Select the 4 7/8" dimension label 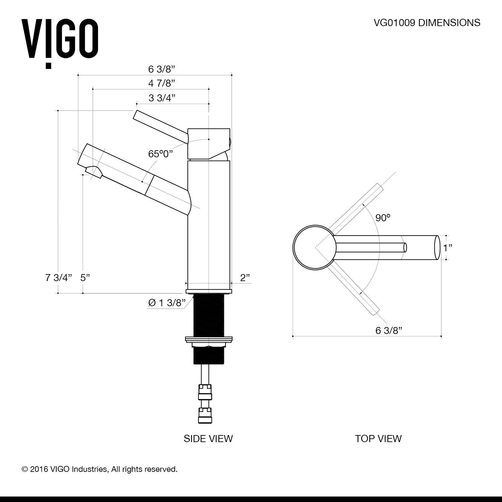[x=162, y=83]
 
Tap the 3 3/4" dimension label [x=162, y=98]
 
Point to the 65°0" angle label [x=161, y=154]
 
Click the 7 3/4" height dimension [x=59, y=278]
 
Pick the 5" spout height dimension [x=85, y=278]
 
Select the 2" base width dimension [x=245, y=278]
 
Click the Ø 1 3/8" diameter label [x=167, y=303]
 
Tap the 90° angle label [x=383, y=218]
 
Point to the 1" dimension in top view [x=447, y=248]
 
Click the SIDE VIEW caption [x=208, y=438]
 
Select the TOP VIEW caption [x=378, y=438]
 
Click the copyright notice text [x=99, y=469]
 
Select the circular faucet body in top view [x=314, y=247]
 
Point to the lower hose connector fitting [x=205, y=415]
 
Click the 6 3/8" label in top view [x=389, y=331]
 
